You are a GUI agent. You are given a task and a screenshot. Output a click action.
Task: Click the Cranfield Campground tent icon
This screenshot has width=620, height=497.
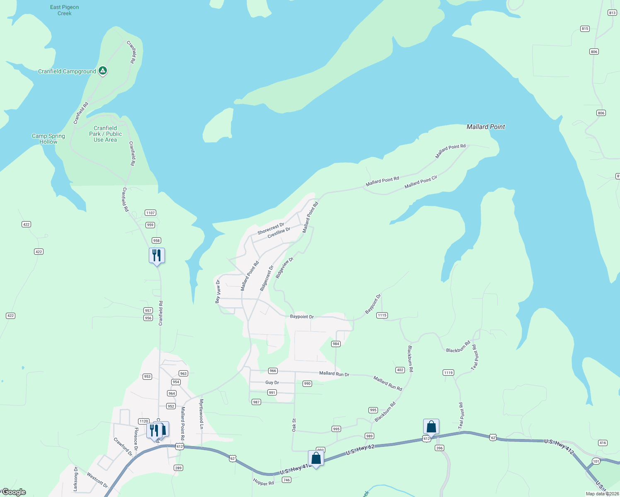[103, 71]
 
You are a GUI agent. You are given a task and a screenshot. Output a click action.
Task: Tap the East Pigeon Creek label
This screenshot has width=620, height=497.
[64, 10]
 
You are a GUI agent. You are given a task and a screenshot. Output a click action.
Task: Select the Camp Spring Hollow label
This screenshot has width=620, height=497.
[48, 139]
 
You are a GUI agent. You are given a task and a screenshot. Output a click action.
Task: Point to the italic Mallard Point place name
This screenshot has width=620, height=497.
[486, 127]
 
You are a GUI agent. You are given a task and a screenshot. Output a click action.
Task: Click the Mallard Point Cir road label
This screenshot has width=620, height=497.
[421, 182]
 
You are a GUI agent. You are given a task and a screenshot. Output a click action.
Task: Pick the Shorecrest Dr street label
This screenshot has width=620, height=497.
[271, 229]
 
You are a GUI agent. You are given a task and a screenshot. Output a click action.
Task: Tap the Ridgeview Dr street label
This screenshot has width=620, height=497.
[284, 268]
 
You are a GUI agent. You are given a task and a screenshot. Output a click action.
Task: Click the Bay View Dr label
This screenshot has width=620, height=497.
[218, 291]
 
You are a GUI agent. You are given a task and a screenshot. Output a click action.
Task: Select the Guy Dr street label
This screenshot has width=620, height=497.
[272, 383]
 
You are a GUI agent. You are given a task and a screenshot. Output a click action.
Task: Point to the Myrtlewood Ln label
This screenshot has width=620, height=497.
[202, 414]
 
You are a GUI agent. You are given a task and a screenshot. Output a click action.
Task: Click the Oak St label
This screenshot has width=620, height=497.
[294, 425]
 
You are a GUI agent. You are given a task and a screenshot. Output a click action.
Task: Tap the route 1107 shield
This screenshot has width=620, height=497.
[150, 213]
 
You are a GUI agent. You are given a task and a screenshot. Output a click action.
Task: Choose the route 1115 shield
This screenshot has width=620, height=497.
[382, 315]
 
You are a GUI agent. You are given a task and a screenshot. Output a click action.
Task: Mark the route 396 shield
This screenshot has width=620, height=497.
[439, 448]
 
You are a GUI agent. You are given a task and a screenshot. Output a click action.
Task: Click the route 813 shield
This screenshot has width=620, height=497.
[612, 13]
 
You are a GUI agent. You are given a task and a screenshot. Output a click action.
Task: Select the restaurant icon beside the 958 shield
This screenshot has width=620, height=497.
[157, 255]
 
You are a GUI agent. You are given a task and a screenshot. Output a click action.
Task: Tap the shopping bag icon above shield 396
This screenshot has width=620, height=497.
[431, 427]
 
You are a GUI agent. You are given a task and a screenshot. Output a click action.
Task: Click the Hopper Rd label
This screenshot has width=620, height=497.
[263, 483]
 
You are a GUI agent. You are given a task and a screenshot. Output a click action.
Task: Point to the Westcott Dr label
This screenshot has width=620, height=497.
[97, 480]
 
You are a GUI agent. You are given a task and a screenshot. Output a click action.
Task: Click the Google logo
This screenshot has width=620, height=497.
[14, 492]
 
